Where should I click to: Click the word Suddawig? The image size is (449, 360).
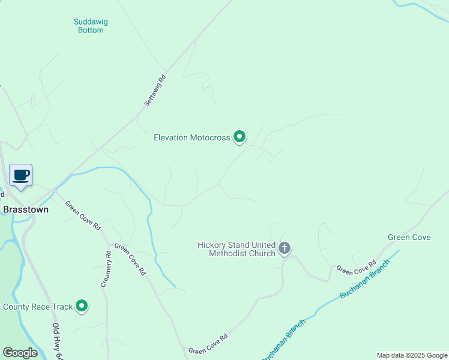[91, 22]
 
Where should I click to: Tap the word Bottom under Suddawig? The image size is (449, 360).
[91, 30]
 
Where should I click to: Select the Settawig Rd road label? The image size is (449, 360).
[154, 91]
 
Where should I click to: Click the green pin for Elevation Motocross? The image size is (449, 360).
[240, 137]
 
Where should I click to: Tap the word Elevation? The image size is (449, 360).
[171, 137]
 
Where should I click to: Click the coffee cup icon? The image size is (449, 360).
[21, 175]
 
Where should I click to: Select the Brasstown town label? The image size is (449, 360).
[26, 210]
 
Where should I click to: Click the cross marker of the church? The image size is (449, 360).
[285, 247]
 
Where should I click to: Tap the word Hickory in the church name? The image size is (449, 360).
[212, 245]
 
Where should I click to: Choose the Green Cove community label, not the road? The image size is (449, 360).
[409, 237]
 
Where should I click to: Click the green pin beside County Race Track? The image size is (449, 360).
[82, 307]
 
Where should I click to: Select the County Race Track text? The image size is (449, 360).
[37, 307]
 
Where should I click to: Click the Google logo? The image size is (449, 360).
[20, 353]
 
